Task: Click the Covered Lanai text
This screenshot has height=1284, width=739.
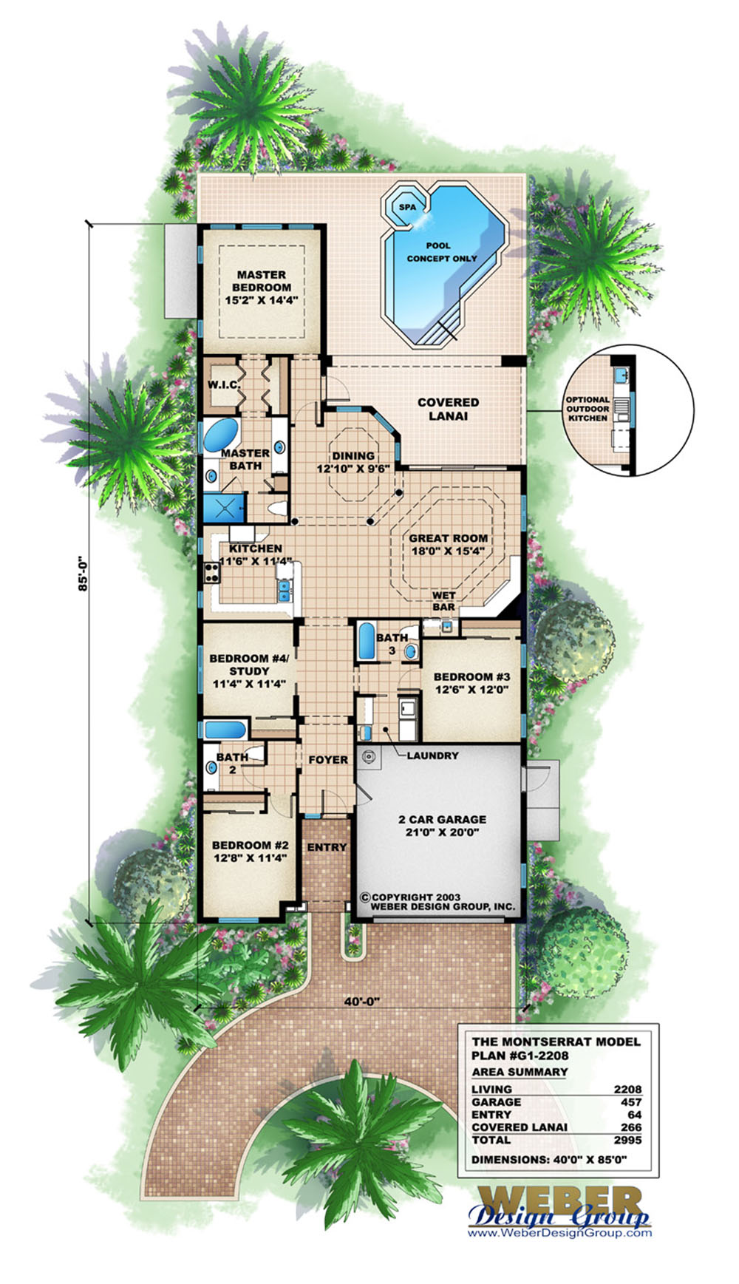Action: click(448, 409)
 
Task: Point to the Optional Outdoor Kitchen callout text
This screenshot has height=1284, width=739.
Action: click(588, 409)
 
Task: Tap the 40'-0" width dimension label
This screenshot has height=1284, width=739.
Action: click(360, 1001)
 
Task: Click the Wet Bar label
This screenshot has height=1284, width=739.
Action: click(443, 601)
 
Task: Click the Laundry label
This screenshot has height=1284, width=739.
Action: click(432, 755)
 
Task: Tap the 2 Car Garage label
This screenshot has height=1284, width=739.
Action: click(442, 825)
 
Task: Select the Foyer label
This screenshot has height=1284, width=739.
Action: click(327, 760)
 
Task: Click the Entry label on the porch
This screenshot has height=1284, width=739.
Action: click(326, 847)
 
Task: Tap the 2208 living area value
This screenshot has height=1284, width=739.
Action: click(627, 1089)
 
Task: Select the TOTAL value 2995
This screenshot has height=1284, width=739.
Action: click(627, 1139)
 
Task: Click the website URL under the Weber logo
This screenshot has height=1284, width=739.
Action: click(559, 1232)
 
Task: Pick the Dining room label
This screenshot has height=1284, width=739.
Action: click(353, 462)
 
